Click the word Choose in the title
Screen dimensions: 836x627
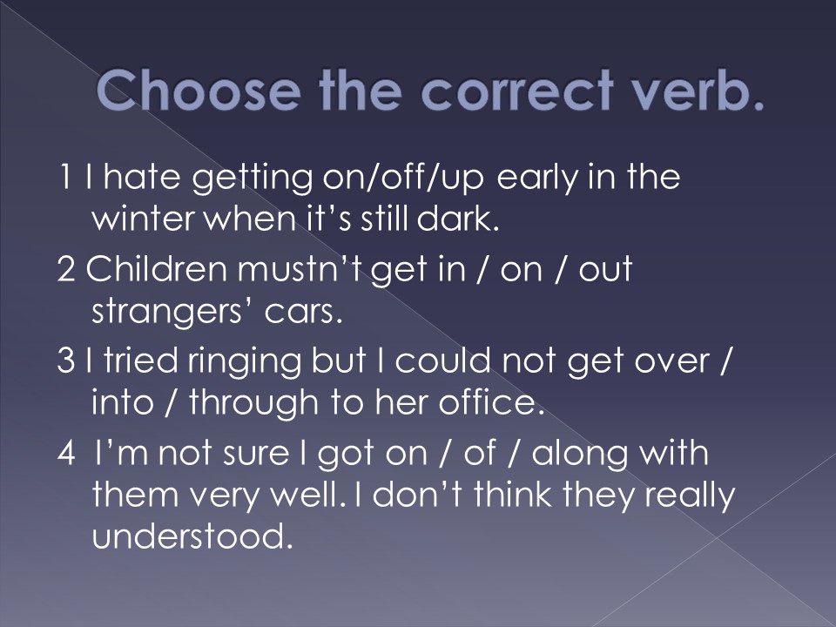(199, 90)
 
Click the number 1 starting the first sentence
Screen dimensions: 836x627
(64, 177)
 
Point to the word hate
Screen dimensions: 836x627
(142, 177)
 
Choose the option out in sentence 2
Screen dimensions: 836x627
(605, 269)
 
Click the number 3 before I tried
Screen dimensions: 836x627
(65, 361)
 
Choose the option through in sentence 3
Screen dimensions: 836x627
(253, 402)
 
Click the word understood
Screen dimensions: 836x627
(192, 536)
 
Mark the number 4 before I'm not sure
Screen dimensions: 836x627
(66, 453)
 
